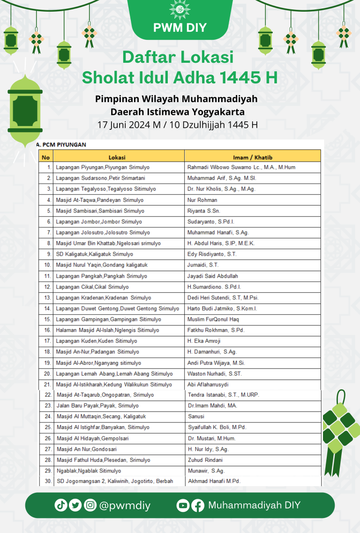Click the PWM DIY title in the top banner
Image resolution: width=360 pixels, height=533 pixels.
tap(180, 28)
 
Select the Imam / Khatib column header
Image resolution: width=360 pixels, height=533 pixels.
tap(252, 157)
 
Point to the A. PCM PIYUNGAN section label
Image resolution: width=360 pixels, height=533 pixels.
tap(61, 145)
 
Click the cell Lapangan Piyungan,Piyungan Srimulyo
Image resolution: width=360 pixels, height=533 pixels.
tap(100, 167)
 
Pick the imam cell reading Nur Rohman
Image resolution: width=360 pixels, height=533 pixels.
tap(202, 200)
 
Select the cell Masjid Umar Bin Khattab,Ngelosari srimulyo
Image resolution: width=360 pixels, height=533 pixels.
tap(108, 244)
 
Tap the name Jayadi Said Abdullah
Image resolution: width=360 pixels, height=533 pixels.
tap(212, 276)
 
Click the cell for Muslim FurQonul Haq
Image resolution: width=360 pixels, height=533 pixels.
tap(213, 319)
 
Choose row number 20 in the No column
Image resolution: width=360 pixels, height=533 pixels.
tap(47, 374)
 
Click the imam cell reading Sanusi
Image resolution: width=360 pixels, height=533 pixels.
tap(196, 416)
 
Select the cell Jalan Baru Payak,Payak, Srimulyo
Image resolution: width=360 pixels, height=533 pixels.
tap(97, 406)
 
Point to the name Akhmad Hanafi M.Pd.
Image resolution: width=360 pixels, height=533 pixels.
tap(214, 481)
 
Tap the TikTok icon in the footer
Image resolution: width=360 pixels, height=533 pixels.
tap(61, 505)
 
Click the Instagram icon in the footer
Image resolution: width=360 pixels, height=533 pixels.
tap(90, 505)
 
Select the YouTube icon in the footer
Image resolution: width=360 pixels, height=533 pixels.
tap(183, 505)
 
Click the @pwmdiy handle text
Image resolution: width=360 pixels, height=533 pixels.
tap(125, 505)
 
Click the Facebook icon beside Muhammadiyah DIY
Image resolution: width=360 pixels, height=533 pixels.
tap(198, 505)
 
